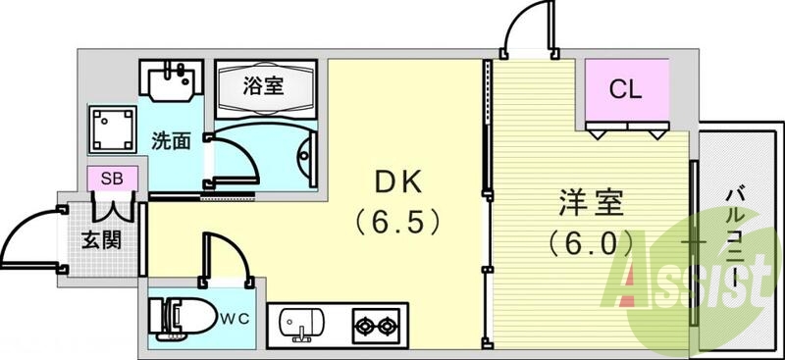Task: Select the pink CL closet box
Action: point(626,89)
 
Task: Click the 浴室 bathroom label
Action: point(265,85)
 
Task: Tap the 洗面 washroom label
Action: point(170,141)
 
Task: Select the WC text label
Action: point(233,318)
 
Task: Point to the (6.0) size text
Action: point(588,241)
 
